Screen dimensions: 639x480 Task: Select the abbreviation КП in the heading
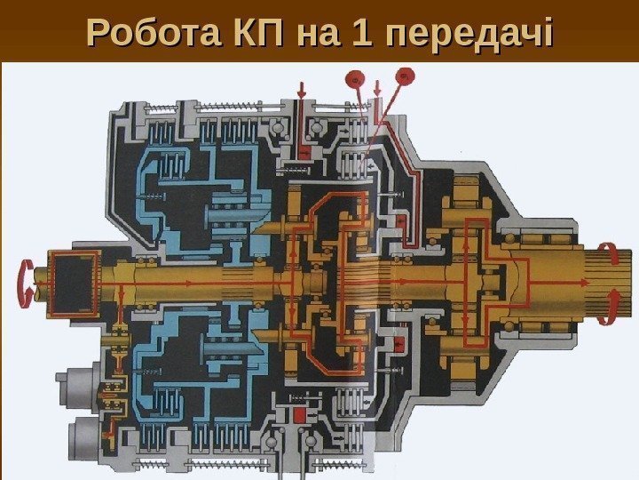coord(238,34)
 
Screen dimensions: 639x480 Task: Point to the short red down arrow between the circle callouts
coord(379,89)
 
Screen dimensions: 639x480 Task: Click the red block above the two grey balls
coord(298,414)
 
